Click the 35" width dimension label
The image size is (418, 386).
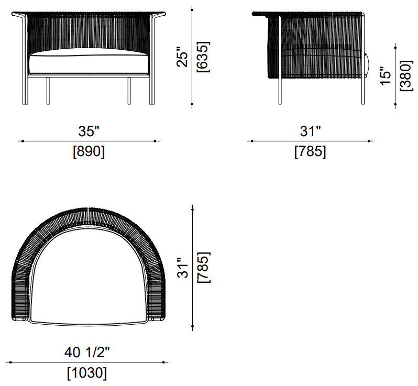pyautogui.click(x=89, y=131)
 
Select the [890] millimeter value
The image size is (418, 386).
pyautogui.click(x=89, y=151)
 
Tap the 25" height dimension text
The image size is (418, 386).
pyautogui.click(x=182, y=57)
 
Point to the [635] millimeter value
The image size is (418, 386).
pyautogui.click(x=203, y=57)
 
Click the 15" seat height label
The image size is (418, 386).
pyautogui.click(x=386, y=76)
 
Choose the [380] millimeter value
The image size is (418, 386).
pyautogui.click(x=406, y=76)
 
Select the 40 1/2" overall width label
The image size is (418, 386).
pyautogui.click(x=87, y=352)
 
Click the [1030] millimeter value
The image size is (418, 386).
pyautogui.click(x=87, y=373)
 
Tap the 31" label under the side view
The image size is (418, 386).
pyautogui.click(x=310, y=131)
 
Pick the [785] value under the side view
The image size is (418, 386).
pyautogui.click(x=310, y=151)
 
